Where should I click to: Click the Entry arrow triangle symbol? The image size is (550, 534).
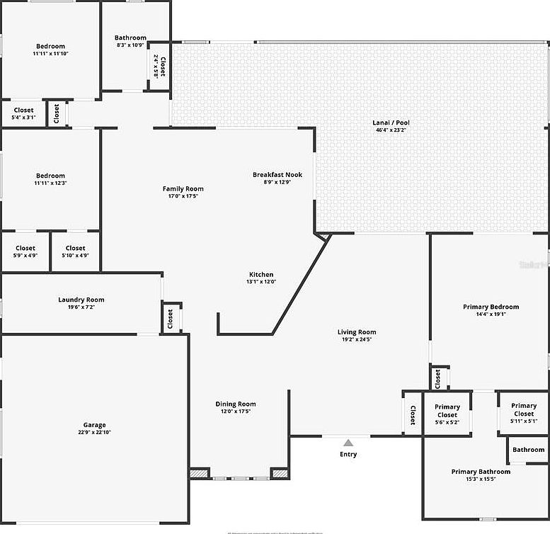point(348,443)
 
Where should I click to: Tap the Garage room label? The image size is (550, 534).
point(95,425)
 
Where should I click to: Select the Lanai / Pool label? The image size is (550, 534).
point(391,123)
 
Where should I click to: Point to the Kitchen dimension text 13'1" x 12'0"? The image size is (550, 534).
point(260,282)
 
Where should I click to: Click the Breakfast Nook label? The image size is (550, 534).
point(277,174)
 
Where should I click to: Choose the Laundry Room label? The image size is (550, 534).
point(81,300)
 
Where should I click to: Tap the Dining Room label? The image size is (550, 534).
point(236,404)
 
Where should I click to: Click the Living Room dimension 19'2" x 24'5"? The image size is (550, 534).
point(356,340)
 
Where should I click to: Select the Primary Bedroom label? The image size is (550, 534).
point(491,307)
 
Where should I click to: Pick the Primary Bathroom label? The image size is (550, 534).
point(481,472)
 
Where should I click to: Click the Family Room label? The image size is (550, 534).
point(183,188)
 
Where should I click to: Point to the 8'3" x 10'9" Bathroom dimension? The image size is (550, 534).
point(130,45)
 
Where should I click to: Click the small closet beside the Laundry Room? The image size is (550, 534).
point(170,319)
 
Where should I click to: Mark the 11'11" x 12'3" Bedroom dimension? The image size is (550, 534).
point(50,183)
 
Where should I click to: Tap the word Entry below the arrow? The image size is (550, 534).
point(348,455)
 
